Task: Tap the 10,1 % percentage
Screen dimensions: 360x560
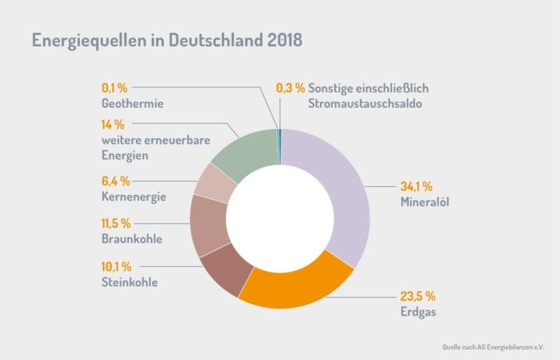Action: tap(116, 267)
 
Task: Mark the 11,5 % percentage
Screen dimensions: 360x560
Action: tap(116, 224)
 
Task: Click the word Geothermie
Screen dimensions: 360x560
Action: tap(132, 104)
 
